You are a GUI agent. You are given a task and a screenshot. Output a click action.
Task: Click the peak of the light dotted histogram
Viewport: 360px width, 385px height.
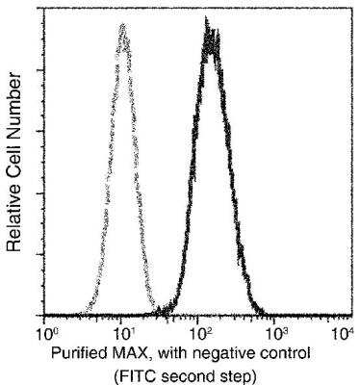coord(122,27)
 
